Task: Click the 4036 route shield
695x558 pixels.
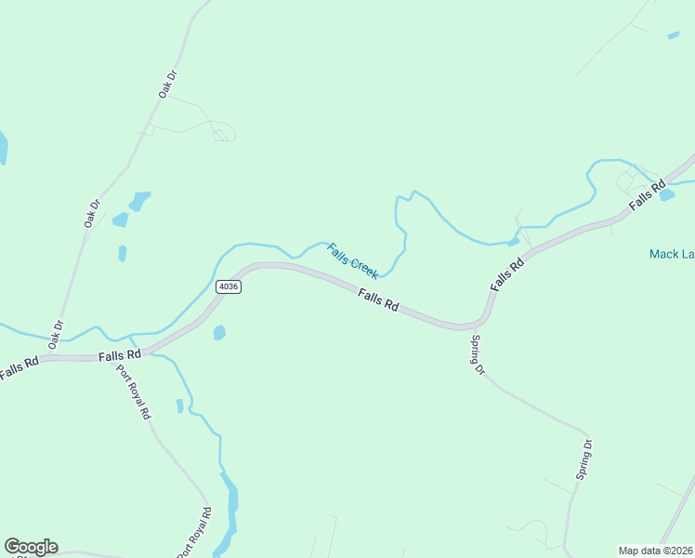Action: point(229,286)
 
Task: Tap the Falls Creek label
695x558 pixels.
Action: point(352,260)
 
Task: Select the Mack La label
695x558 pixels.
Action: point(670,253)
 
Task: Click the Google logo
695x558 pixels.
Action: point(31,547)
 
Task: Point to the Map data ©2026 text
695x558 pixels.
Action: point(656,551)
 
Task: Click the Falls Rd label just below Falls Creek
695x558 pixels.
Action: point(379,299)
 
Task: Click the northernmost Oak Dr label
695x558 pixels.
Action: point(167,85)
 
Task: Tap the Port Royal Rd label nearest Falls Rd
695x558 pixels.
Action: point(133,392)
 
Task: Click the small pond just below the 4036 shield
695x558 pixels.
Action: point(219,332)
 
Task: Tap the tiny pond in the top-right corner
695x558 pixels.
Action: point(673,35)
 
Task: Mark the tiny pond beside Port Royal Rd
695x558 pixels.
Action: point(179,405)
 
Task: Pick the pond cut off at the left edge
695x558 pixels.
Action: point(3,147)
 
